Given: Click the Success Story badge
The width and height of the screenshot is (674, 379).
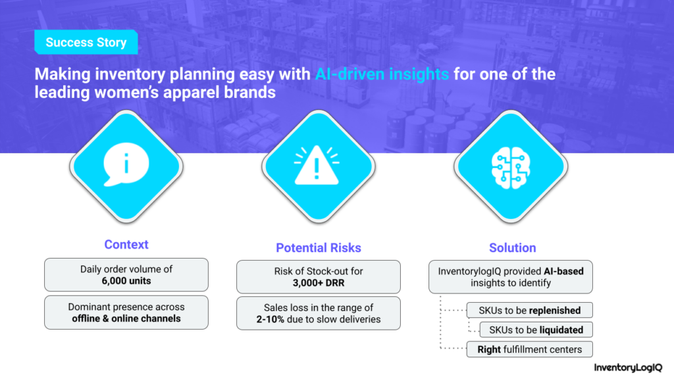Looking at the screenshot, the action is (x=86, y=42).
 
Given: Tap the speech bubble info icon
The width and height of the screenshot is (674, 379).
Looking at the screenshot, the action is (x=126, y=164).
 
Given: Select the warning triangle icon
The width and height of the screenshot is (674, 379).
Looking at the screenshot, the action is (x=317, y=165).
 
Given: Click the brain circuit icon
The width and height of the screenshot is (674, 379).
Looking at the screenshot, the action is (x=511, y=168).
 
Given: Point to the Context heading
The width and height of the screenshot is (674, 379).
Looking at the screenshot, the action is (x=126, y=245).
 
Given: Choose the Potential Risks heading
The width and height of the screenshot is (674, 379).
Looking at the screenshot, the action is (x=319, y=248).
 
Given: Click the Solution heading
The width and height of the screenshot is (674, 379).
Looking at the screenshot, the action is (x=512, y=248).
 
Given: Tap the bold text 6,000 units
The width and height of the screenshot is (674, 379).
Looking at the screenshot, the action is (x=126, y=281).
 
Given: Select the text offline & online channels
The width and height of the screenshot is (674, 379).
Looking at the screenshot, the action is (x=126, y=318).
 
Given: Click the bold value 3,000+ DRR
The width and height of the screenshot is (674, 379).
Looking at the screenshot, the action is (x=319, y=283).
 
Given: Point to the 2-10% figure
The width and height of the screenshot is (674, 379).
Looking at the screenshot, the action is (x=271, y=319).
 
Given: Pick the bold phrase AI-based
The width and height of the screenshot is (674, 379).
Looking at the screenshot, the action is (x=563, y=271).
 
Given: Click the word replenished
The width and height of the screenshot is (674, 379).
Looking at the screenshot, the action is (x=555, y=311).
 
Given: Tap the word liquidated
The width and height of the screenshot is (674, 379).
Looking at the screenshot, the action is (x=561, y=330).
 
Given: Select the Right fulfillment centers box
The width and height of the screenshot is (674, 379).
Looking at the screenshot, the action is (x=530, y=349).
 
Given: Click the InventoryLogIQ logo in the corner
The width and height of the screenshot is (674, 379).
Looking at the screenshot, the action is (x=628, y=367).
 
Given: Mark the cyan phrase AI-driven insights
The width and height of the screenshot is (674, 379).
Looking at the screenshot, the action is (x=382, y=74).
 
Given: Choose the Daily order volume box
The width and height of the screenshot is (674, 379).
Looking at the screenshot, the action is (x=126, y=275).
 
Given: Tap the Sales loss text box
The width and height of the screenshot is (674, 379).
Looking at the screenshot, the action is (x=319, y=313).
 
